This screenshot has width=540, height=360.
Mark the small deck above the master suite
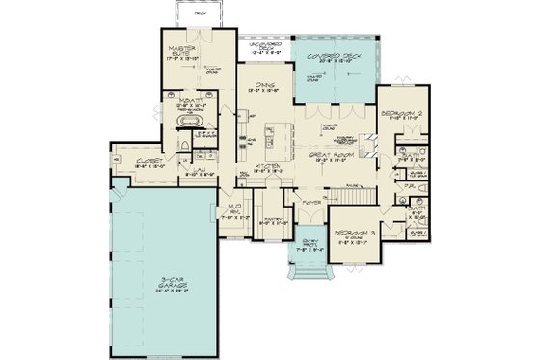point(201,14)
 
